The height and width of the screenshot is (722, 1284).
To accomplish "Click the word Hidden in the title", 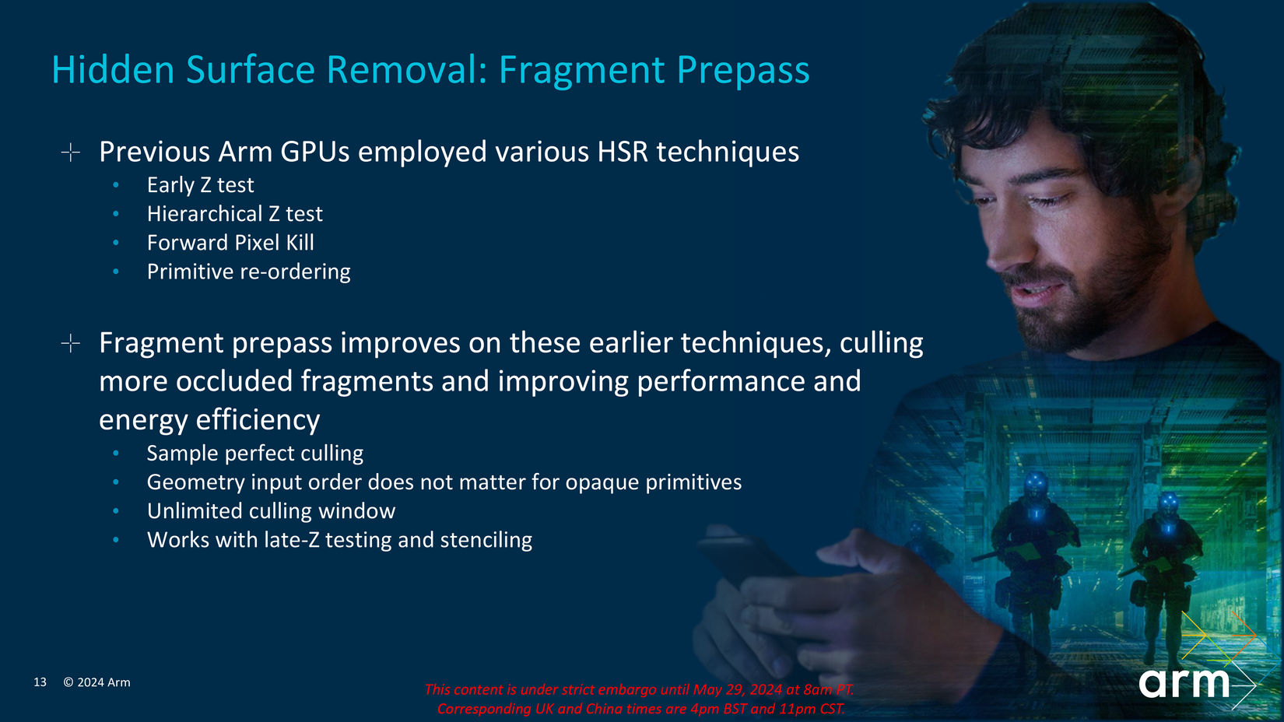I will tap(113, 70).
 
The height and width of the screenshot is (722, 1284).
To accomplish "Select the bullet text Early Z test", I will tap(200, 185).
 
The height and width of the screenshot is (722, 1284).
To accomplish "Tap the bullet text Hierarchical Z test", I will tap(234, 214).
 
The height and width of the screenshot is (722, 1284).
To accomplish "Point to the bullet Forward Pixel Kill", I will tap(230, 243).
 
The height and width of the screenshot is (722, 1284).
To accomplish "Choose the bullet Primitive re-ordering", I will tap(248, 272).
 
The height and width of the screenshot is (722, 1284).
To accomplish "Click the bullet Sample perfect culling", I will tap(254, 454).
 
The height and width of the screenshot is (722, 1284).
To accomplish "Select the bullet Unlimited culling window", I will tap(271, 511).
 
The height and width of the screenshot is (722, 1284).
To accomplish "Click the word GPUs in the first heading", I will tap(314, 152).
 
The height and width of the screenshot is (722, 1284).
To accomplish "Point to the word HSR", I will tap(623, 152).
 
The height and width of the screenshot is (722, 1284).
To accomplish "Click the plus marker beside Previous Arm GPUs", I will tap(71, 152).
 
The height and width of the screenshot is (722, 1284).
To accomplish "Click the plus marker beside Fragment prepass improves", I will tap(71, 343).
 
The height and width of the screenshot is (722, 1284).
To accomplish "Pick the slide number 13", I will tap(40, 682).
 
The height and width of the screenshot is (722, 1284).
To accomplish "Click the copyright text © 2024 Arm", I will tap(96, 682).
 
